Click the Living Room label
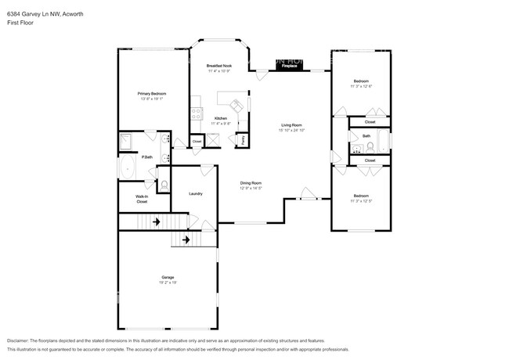[x=292, y=124]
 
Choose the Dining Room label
[x=251, y=183]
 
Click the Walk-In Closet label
[x=142, y=199]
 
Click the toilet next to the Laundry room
[x=164, y=185]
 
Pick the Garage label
[x=168, y=277]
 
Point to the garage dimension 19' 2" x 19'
[x=168, y=283]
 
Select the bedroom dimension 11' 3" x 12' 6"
[x=361, y=86]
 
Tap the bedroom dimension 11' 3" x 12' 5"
[x=361, y=200]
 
